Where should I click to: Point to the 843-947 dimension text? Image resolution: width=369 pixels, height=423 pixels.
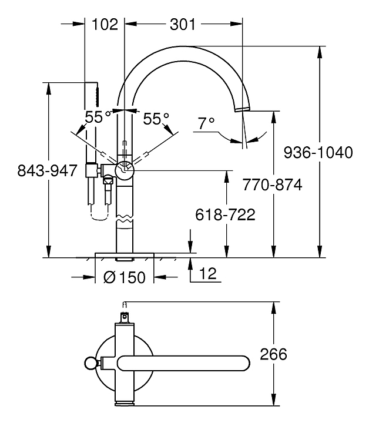tap(48, 170)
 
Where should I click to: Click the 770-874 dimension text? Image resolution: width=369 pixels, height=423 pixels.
tap(273, 186)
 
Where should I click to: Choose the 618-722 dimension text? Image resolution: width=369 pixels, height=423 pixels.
tap(225, 215)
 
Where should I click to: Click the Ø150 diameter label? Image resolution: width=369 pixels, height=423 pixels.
tap(124, 277)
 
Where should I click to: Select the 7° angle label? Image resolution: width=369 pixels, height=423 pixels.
tap(206, 123)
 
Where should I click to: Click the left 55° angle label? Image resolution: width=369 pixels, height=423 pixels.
tap(98, 117)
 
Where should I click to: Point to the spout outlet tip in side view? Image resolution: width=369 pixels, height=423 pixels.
tap(242, 110)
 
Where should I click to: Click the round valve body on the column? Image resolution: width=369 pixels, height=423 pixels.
tap(125, 170)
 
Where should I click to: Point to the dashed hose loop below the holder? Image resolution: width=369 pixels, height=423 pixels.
tap(100, 216)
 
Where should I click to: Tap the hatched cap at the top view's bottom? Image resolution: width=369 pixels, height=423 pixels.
tap(125, 402)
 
